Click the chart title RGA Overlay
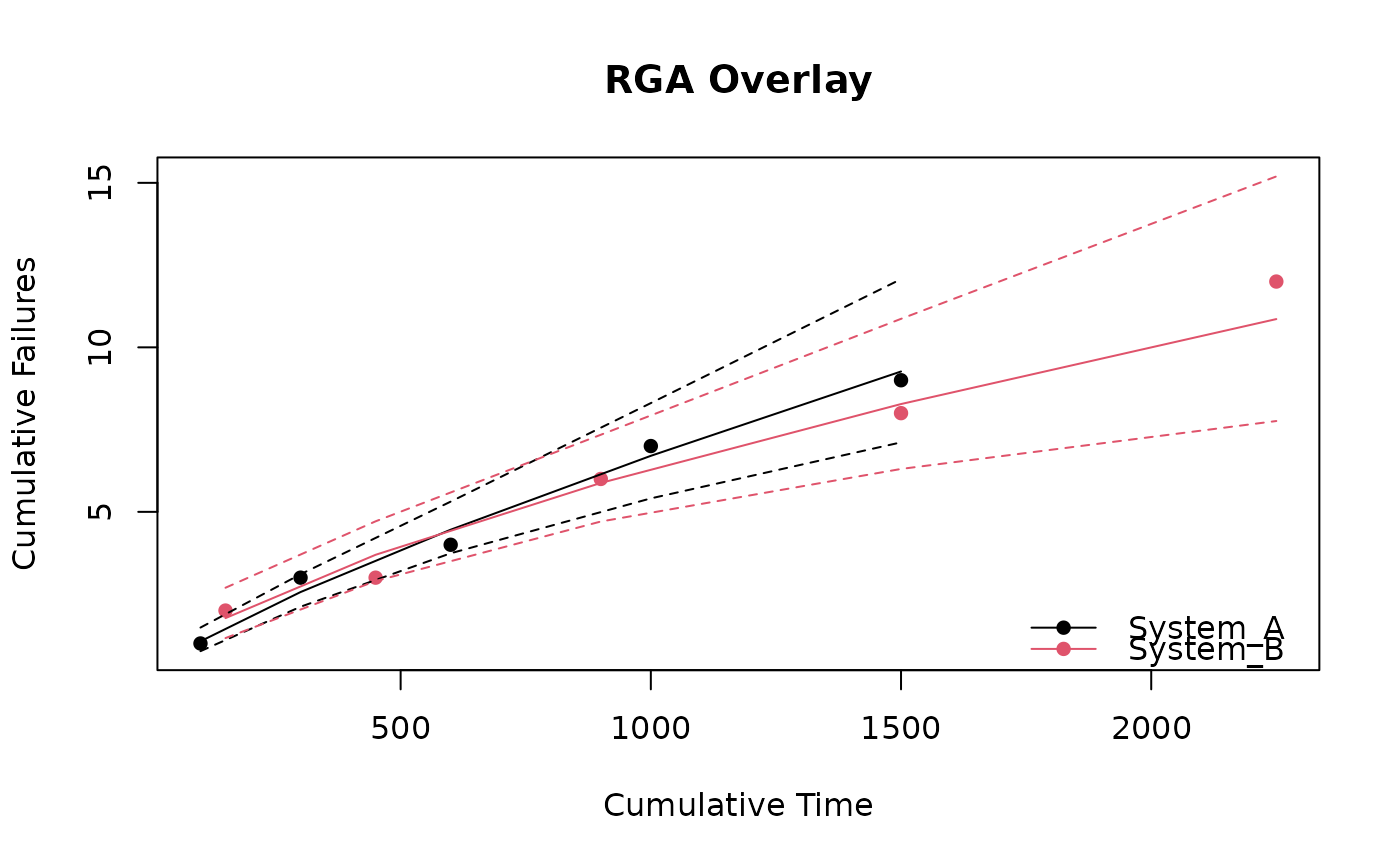click(738, 80)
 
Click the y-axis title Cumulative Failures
click(25, 413)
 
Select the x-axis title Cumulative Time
click(738, 805)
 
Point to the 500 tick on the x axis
click(400, 728)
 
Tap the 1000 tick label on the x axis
click(650, 728)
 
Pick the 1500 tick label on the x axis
click(900, 728)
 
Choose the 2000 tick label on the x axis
click(1151, 728)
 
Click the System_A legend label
click(1206, 627)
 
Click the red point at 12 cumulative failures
click(1276, 281)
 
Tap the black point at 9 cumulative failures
click(901, 380)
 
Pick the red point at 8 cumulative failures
click(901, 413)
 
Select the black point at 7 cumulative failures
click(651, 446)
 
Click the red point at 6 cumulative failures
click(600, 479)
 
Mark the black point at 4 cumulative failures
click(451, 544)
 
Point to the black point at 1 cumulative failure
click(200, 643)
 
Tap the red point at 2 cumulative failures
click(225, 610)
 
